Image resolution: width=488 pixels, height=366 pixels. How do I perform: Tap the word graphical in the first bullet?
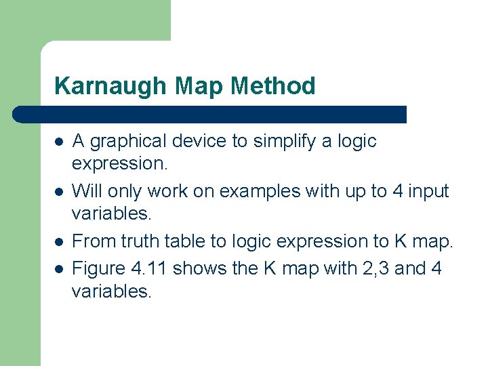click(x=128, y=142)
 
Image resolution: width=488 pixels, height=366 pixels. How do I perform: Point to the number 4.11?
click(x=150, y=268)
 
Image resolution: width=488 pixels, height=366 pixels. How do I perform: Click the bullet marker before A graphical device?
click(x=58, y=142)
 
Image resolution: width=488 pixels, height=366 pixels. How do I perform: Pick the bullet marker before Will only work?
click(x=58, y=192)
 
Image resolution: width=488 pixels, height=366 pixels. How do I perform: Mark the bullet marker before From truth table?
click(x=58, y=242)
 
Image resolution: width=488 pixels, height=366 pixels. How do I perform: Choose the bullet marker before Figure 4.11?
click(x=58, y=269)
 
